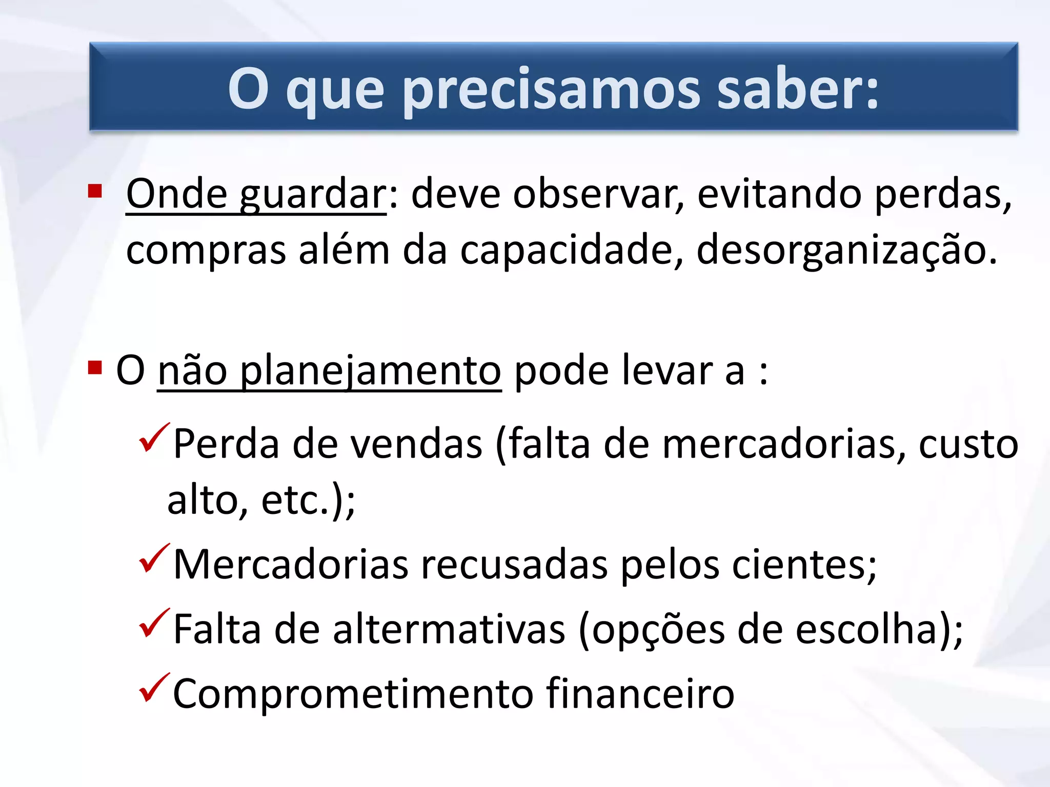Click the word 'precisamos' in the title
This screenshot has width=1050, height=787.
tap(551, 90)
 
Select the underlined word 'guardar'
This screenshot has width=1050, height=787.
tap(313, 195)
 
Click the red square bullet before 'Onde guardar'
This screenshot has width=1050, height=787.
tap(95, 191)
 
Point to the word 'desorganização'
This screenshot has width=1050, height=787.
tap(846, 252)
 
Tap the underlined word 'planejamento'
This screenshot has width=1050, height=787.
tap(370, 371)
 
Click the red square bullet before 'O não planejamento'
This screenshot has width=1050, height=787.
tap(95, 367)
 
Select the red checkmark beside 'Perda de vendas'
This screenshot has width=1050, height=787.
tap(154, 438)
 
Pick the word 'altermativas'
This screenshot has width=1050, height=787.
tap(449, 630)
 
